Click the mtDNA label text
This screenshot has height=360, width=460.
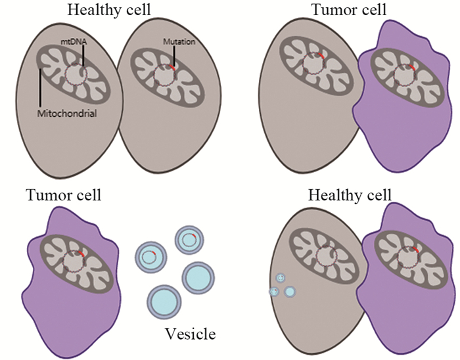point(68,40)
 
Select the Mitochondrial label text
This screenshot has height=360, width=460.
point(68,113)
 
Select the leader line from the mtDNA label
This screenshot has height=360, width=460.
point(83,55)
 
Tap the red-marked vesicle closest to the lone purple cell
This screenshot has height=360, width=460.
point(149,255)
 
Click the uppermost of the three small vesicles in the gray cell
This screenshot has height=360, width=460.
point(281,279)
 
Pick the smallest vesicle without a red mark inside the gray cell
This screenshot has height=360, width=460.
point(275,292)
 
